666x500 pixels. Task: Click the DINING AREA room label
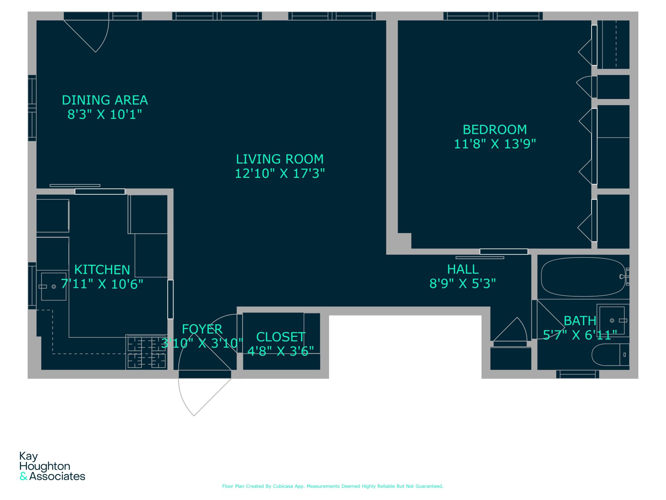[105, 100]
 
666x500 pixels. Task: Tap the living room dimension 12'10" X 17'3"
[280, 174]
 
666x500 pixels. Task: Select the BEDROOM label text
[495, 130]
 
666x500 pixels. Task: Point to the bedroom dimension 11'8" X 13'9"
[495, 144]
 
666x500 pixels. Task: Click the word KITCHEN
[102, 270]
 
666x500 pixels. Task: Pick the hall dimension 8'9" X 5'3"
[463, 284]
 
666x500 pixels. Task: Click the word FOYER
[202, 329]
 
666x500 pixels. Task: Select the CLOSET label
[281, 337]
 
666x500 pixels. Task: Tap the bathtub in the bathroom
[583, 277]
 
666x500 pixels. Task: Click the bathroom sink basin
[612, 320]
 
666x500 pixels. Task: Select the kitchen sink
[54, 287]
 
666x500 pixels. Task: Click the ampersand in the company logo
[23, 477]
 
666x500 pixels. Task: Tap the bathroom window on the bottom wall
[578, 374]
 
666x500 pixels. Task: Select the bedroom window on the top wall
[493, 16]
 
